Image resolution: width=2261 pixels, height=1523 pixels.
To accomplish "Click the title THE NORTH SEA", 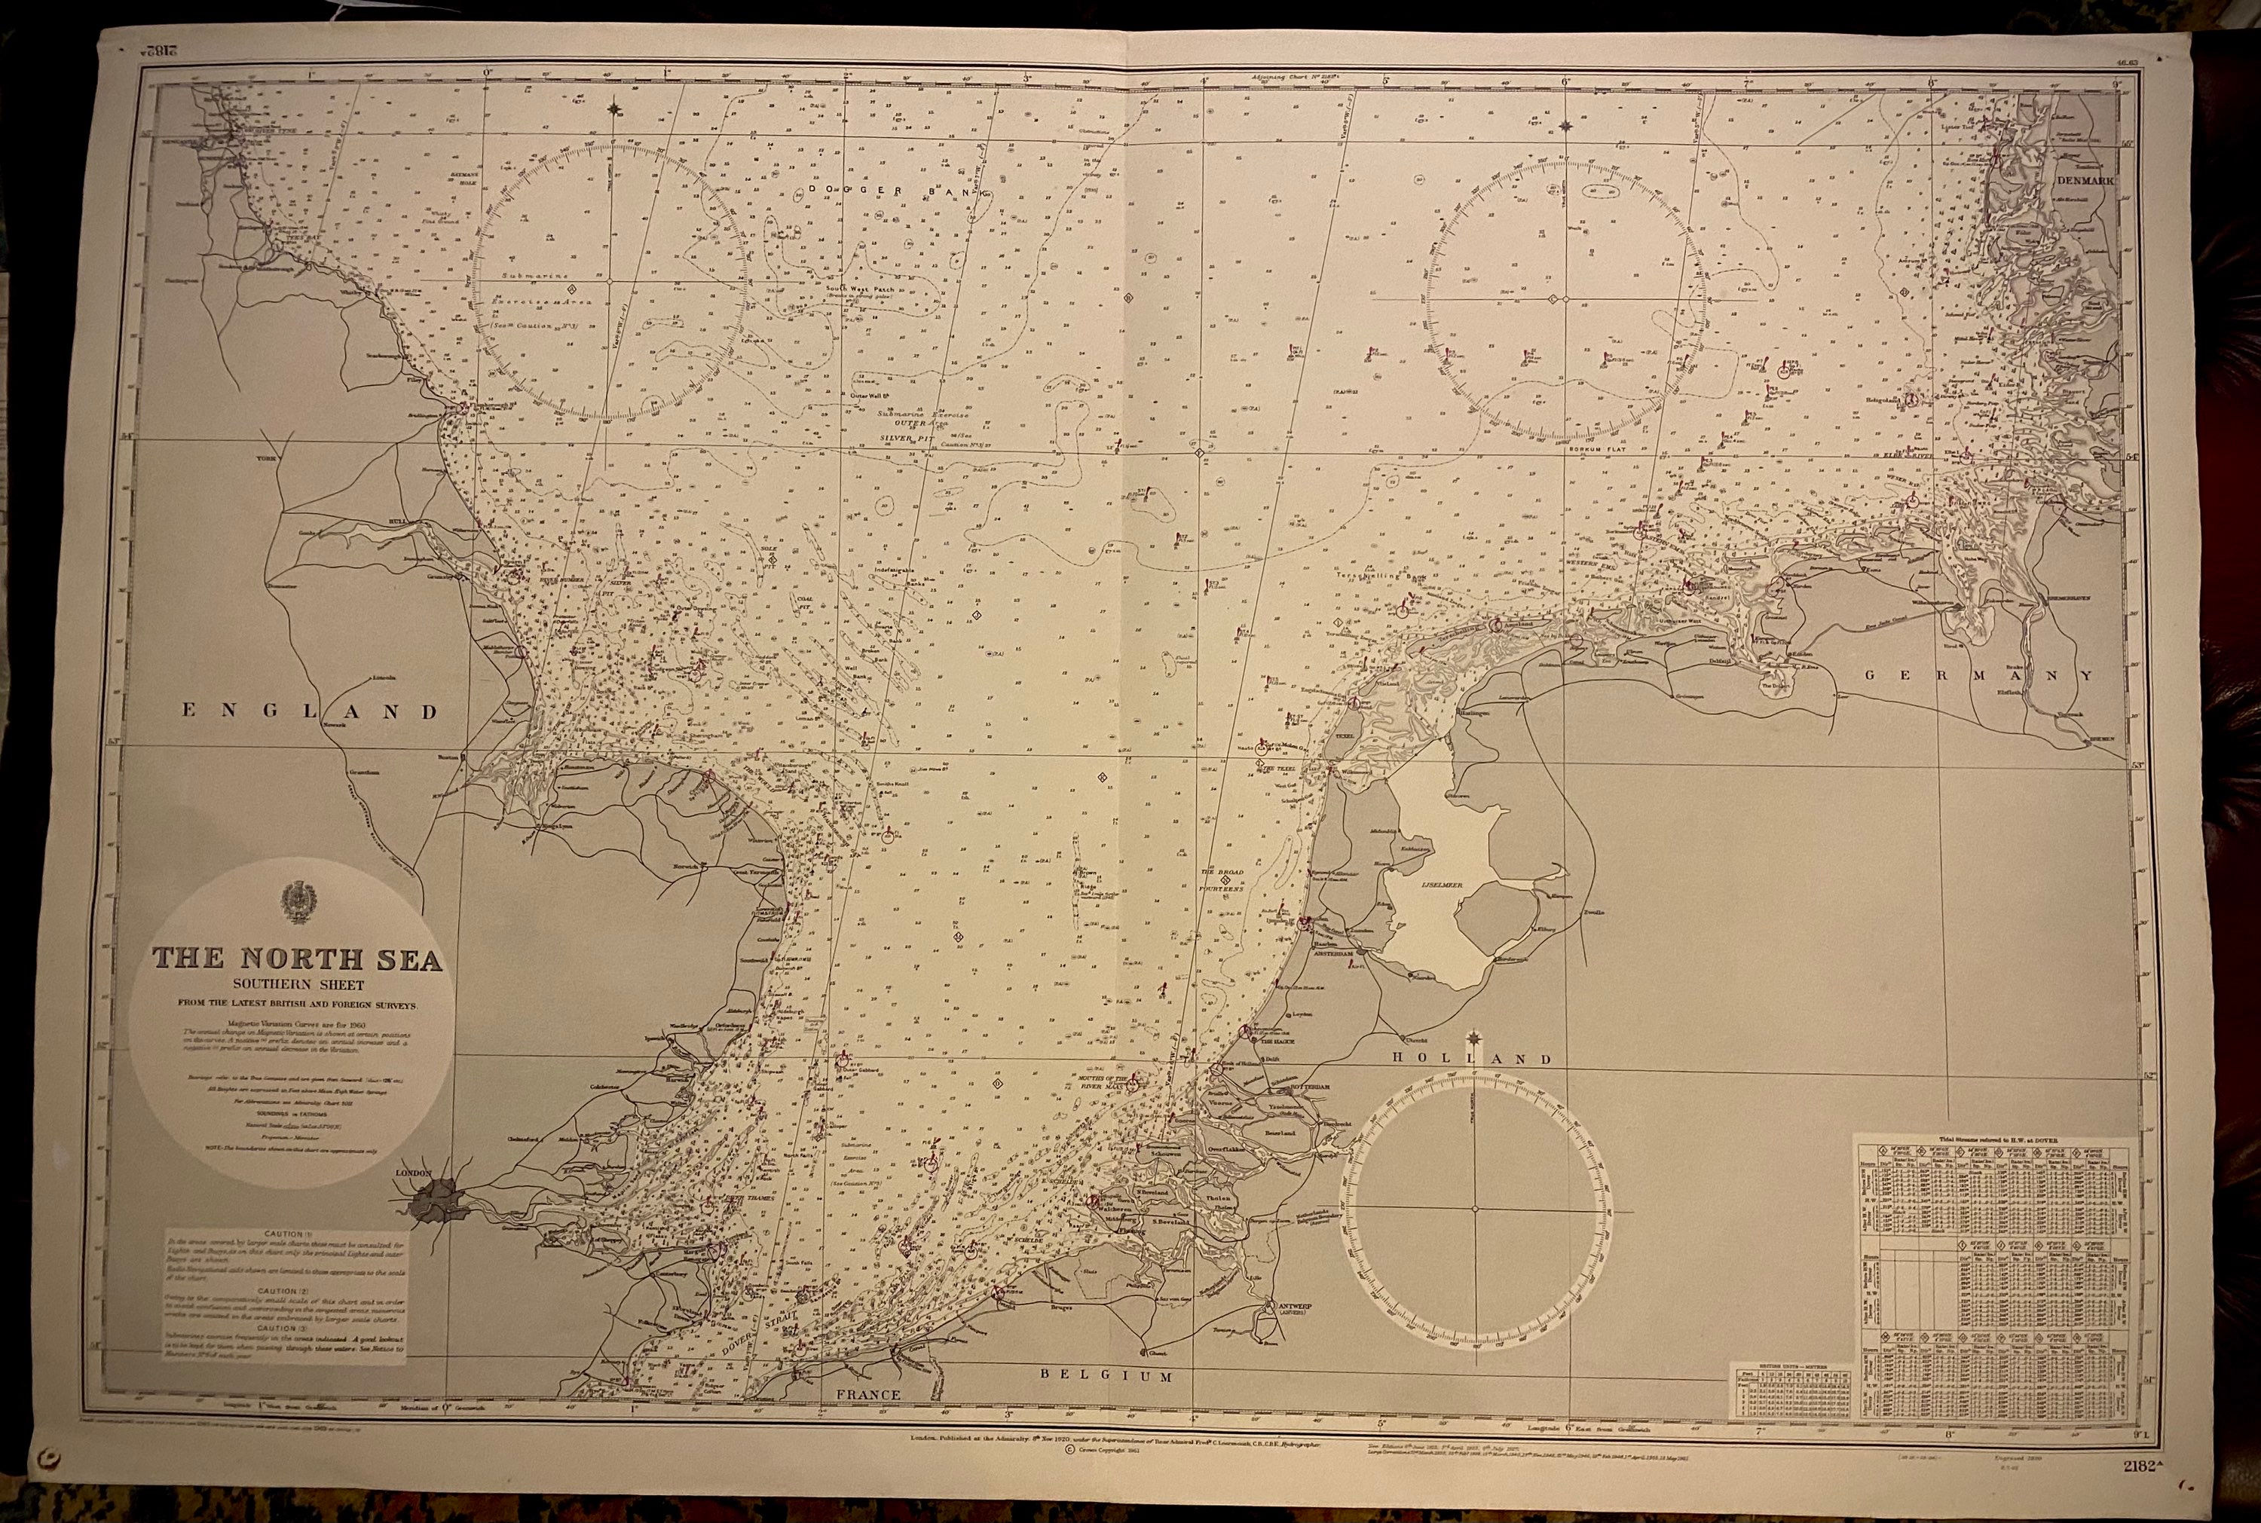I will (297, 959).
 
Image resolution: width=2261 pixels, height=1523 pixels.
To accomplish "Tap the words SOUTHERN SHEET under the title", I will (297, 985).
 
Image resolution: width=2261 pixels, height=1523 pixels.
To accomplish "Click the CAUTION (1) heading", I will (285, 1234).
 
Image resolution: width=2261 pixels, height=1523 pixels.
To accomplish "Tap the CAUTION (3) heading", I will (285, 1327).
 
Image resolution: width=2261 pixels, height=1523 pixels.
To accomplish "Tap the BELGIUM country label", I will (1107, 1376).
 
